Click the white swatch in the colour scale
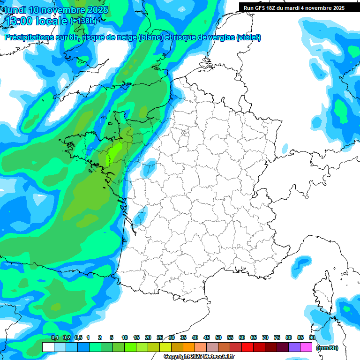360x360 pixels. click(x=48, y=347)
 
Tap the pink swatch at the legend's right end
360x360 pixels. click(x=306, y=347)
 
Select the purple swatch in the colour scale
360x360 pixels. click(x=294, y=347)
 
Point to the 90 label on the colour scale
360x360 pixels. click(x=312, y=337)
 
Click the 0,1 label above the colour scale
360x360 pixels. click(x=54, y=337)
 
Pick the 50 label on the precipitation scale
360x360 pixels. click(x=218, y=337)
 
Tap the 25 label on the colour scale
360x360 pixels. click(x=160, y=337)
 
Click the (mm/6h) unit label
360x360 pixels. click(x=327, y=347)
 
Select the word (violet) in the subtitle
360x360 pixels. click(x=248, y=37)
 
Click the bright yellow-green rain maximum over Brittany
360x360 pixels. click(x=113, y=152)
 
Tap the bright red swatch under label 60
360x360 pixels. click(x=247, y=347)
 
